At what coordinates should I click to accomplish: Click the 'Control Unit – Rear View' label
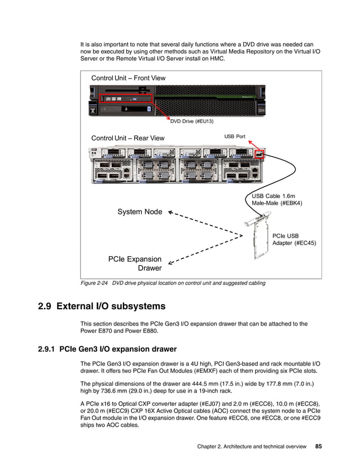point(128,138)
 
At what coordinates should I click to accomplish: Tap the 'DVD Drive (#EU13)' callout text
point(192,121)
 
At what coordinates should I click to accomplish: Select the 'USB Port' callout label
point(235,136)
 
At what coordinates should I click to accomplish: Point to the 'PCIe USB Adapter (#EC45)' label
point(294,240)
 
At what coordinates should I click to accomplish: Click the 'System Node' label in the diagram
point(139,212)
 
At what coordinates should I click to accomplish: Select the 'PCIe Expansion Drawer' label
point(135,263)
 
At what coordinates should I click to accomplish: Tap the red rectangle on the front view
point(126,98)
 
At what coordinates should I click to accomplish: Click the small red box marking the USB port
point(259,154)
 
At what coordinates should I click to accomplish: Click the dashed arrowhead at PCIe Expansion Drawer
point(171,261)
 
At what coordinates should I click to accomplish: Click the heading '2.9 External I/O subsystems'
point(102,306)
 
